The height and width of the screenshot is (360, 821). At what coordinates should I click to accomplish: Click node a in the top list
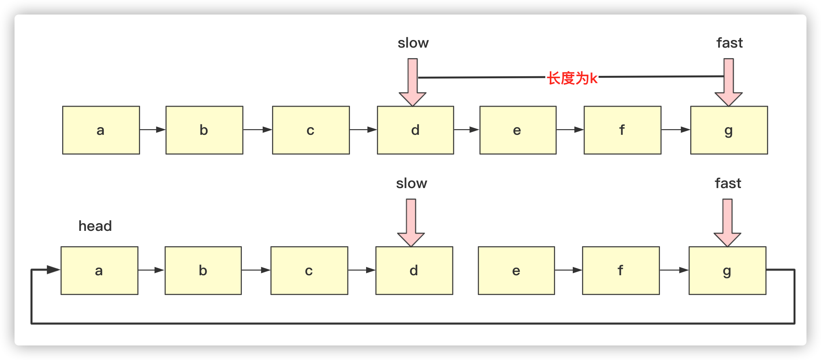(x=101, y=130)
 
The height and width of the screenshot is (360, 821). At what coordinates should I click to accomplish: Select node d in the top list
(x=415, y=130)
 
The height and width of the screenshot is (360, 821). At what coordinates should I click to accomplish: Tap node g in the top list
(x=729, y=130)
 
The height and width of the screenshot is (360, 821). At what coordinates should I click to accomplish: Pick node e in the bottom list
(x=516, y=270)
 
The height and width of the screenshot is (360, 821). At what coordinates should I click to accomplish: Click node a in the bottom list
(x=99, y=270)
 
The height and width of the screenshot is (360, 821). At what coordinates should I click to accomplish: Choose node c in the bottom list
(x=309, y=270)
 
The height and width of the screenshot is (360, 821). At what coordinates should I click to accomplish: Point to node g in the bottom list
(x=727, y=270)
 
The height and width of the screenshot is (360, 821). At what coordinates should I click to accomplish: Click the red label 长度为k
(x=572, y=78)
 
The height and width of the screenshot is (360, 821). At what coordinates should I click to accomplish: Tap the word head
(x=95, y=226)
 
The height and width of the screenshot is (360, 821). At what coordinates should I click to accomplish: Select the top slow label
(x=413, y=43)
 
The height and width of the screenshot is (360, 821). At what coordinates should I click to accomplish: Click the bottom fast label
(x=728, y=183)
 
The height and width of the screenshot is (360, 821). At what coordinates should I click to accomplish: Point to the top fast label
(x=729, y=43)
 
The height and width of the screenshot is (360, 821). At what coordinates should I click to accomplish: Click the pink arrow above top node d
(x=413, y=83)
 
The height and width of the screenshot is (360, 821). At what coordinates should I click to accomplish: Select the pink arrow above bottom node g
(x=727, y=223)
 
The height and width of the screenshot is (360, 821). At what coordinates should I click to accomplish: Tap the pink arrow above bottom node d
(x=411, y=223)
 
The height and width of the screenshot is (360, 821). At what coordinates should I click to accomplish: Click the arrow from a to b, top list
(x=153, y=130)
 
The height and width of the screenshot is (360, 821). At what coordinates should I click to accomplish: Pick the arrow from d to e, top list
(x=467, y=130)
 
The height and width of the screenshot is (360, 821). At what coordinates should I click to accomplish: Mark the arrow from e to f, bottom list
(x=568, y=270)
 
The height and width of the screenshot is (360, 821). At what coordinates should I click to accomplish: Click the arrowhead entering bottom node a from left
(x=53, y=270)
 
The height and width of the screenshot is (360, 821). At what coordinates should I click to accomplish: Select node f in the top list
(x=622, y=130)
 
